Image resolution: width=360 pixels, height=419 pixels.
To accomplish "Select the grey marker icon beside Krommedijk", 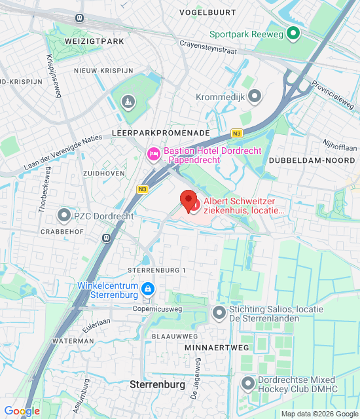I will click(255, 96).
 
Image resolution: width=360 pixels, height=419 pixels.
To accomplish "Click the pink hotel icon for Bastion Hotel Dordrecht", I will click(153, 155).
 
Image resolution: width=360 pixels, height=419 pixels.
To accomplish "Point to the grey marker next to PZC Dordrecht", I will click(64, 215).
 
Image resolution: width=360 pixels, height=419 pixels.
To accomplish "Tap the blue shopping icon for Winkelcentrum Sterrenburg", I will click(149, 289).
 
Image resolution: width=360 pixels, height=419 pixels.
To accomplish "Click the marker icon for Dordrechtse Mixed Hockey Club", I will click(247, 383).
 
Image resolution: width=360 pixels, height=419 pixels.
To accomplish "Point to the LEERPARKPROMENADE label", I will click(161, 132).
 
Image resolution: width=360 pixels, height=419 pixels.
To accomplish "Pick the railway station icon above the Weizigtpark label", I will click(80, 18).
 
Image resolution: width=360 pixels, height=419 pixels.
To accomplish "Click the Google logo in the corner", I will click(22, 411).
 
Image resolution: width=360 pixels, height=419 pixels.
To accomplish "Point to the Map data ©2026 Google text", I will click(319, 414).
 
